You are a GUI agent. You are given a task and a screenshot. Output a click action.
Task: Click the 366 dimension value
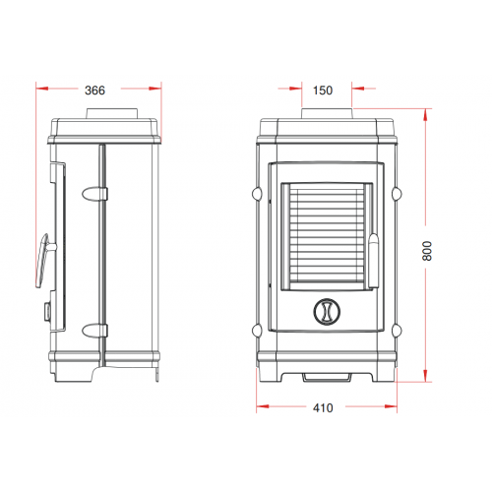(x=94, y=91)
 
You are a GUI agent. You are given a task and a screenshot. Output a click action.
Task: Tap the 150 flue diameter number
(x=323, y=91)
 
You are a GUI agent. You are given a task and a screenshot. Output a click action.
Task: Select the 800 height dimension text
(x=427, y=251)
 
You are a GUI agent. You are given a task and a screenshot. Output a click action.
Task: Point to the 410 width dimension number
(x=323, y=407)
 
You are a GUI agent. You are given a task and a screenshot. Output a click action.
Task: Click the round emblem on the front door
(x=327, y=312)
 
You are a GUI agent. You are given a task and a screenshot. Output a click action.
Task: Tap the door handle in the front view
(x=374, y=261)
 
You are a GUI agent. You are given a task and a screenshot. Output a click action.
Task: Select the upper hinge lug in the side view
(x=94, y=194)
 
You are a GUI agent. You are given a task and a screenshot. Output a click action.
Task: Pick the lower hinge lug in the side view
(x=94, y=331)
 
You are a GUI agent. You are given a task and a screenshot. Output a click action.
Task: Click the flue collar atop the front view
(x=327, y=113)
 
